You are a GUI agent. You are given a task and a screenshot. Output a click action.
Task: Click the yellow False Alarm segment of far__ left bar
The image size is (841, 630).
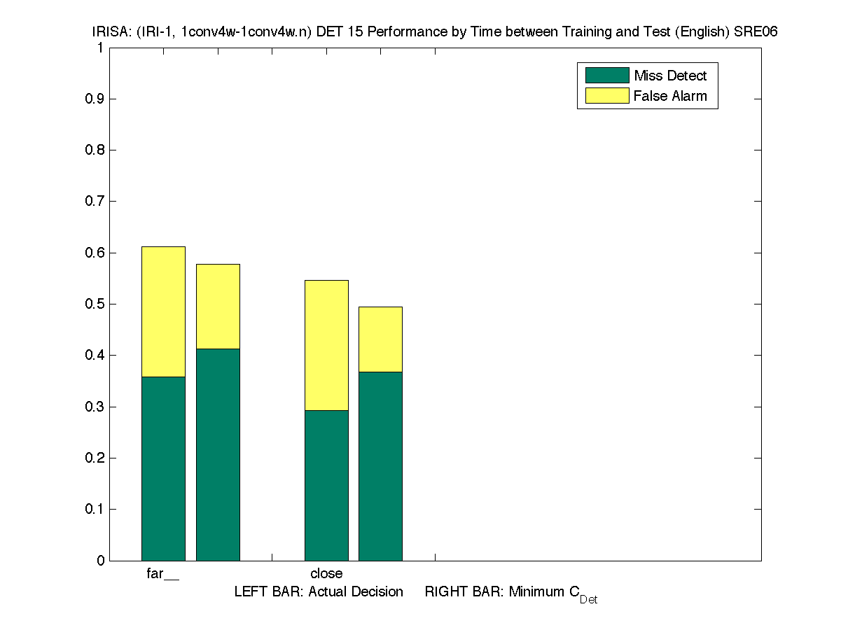(163, 311)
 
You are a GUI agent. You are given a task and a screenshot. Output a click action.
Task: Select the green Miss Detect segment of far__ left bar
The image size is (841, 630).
(163, 468)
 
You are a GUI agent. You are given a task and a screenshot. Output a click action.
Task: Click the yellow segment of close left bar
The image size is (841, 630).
(326, 345)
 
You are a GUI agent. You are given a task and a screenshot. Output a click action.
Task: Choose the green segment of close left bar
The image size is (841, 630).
(326, 485)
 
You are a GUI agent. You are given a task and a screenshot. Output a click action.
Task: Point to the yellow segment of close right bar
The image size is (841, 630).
(380, 339)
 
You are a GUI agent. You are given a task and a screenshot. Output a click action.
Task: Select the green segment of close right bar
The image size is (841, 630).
(380, 465)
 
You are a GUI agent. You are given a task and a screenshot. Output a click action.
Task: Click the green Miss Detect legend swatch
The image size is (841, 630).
(606, 76)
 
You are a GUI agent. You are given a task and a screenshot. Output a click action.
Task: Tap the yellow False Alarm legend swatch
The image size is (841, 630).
(606, 96)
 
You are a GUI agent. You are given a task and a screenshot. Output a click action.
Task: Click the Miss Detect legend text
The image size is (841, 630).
(670, 76)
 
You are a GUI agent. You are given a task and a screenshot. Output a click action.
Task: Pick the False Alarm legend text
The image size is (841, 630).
(670, 96)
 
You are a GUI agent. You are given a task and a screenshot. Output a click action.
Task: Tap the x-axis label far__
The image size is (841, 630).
(162, 574)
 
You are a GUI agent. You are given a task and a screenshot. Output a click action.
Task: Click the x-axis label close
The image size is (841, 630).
(326, 574)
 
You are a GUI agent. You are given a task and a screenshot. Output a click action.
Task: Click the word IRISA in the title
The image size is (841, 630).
(109, 32)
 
